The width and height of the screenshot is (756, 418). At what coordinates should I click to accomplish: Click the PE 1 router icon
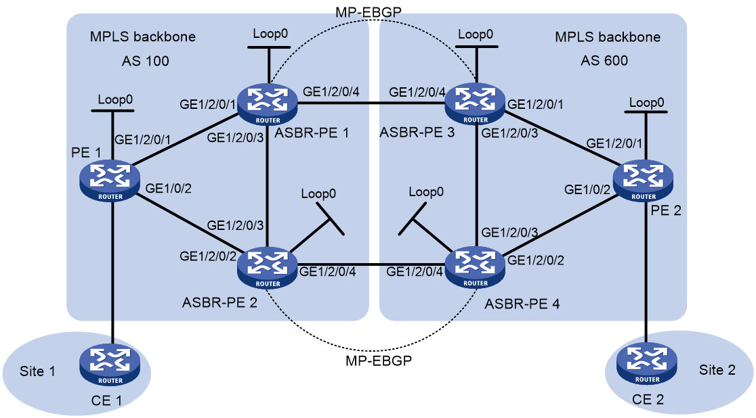[x=110, y=181]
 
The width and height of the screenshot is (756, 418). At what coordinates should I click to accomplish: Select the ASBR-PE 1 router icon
[x=268, y=104]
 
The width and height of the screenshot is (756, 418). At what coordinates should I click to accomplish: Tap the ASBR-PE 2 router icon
[x=268, y=268]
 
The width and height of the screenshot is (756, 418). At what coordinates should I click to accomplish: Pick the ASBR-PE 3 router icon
[x=476, y=104]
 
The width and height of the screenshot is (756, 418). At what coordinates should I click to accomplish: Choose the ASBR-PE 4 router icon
[x=476, y=268]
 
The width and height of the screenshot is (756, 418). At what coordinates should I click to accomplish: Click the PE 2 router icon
[x=643, y=181]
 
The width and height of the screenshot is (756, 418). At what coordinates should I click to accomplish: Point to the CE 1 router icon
[x=110, y=365]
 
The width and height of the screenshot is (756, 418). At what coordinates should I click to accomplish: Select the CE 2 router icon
[x=646, y=364]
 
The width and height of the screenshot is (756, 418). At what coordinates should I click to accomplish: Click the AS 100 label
[x=145, y=61]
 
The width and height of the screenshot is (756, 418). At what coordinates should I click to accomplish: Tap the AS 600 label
[x=604, y=61]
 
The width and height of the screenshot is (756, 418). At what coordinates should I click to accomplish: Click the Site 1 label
[x=37, y=371]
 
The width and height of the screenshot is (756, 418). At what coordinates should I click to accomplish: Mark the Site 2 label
[x=717, y=370]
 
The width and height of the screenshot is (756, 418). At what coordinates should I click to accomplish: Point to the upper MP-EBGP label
[x=369, y=12]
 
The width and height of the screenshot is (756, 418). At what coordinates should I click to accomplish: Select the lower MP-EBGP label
[x=379, y=361]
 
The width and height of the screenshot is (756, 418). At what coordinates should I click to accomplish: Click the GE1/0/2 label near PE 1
[x=168, y=188]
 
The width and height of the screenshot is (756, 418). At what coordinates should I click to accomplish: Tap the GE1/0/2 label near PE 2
[x=587, y=190]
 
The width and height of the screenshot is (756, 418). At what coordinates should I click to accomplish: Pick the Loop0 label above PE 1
[x=115, y=99]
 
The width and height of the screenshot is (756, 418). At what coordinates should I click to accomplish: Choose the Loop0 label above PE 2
[x=646, y=103]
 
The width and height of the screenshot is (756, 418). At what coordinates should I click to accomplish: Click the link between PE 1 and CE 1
[x=112, y=273]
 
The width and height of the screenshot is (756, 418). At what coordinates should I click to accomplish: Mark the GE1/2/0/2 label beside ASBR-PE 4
[x=536, y=260]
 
